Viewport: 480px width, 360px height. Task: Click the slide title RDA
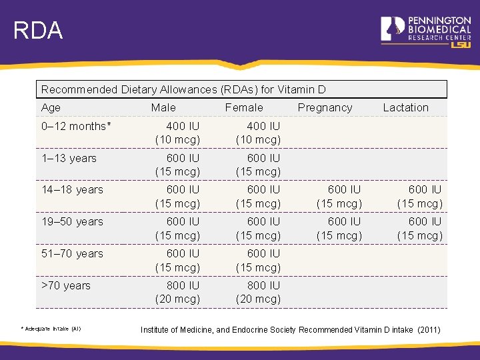38,31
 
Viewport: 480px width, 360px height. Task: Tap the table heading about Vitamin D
183,89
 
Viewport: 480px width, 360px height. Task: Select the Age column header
51,107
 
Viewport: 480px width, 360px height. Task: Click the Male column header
163,107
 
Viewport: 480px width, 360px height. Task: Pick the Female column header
244,107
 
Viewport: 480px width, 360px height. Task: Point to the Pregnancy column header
325,107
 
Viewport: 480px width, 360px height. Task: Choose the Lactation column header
405,107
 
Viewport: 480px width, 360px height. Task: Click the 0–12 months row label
74,126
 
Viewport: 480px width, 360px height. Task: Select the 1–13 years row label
69,158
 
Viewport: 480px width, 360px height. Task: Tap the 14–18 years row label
72,189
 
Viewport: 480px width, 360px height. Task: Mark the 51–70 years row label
72,253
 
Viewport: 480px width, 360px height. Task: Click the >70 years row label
66,285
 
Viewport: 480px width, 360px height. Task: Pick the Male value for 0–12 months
177,133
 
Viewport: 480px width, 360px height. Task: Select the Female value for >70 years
258,292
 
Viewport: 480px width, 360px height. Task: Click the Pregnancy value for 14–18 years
339,197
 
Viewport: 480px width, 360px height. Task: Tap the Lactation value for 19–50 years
420,228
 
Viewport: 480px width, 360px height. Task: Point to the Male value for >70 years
177,292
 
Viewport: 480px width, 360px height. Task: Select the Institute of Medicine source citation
290,330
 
